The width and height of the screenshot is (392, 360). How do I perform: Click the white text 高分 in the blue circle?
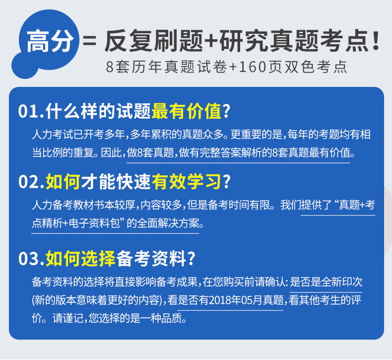click(x=50, y=41)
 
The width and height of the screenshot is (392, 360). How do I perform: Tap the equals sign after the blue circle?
click(x=89, y=41)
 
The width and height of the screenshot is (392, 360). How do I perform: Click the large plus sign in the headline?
click(x=211, y=41)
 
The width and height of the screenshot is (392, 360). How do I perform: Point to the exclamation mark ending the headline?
click(x=376, y=41)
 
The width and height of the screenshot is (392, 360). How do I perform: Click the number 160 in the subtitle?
click(x=252, y=67)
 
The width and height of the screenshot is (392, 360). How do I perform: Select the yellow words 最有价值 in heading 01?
click(x=187, y=111)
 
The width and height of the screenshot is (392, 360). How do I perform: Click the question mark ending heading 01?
click(x=226, y=111)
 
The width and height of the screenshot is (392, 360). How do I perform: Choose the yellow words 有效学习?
click(x=187, y=182)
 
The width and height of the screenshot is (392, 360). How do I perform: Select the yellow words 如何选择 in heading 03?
click(x=80, y=259)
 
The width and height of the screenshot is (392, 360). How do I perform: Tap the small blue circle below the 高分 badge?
click(x=24, y=66)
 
